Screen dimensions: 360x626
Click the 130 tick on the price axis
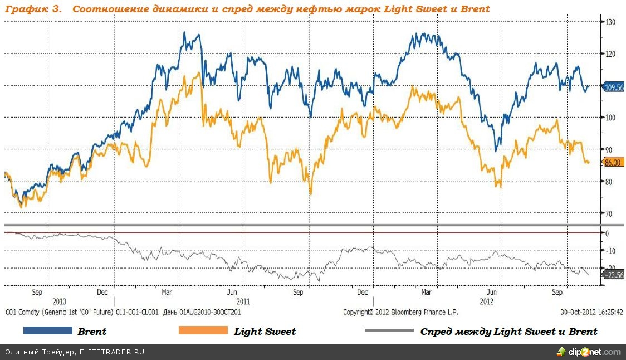coord(610,22)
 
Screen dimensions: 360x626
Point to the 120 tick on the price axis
coord(610,53)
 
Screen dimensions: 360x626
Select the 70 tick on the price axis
coord(609,213)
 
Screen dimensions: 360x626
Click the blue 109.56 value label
coord(613,87)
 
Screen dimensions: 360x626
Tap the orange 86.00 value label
coord(612,162)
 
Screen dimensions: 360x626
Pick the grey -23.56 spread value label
coord(613,275)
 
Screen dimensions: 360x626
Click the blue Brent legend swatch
coord(48,331)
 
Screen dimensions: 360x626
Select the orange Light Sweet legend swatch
coord(203,331)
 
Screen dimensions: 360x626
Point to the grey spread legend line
coord(389,331)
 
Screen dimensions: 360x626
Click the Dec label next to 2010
coord(102,291)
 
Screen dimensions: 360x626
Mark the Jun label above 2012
coord(492,291)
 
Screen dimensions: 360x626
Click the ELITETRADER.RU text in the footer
coord(112,352)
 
